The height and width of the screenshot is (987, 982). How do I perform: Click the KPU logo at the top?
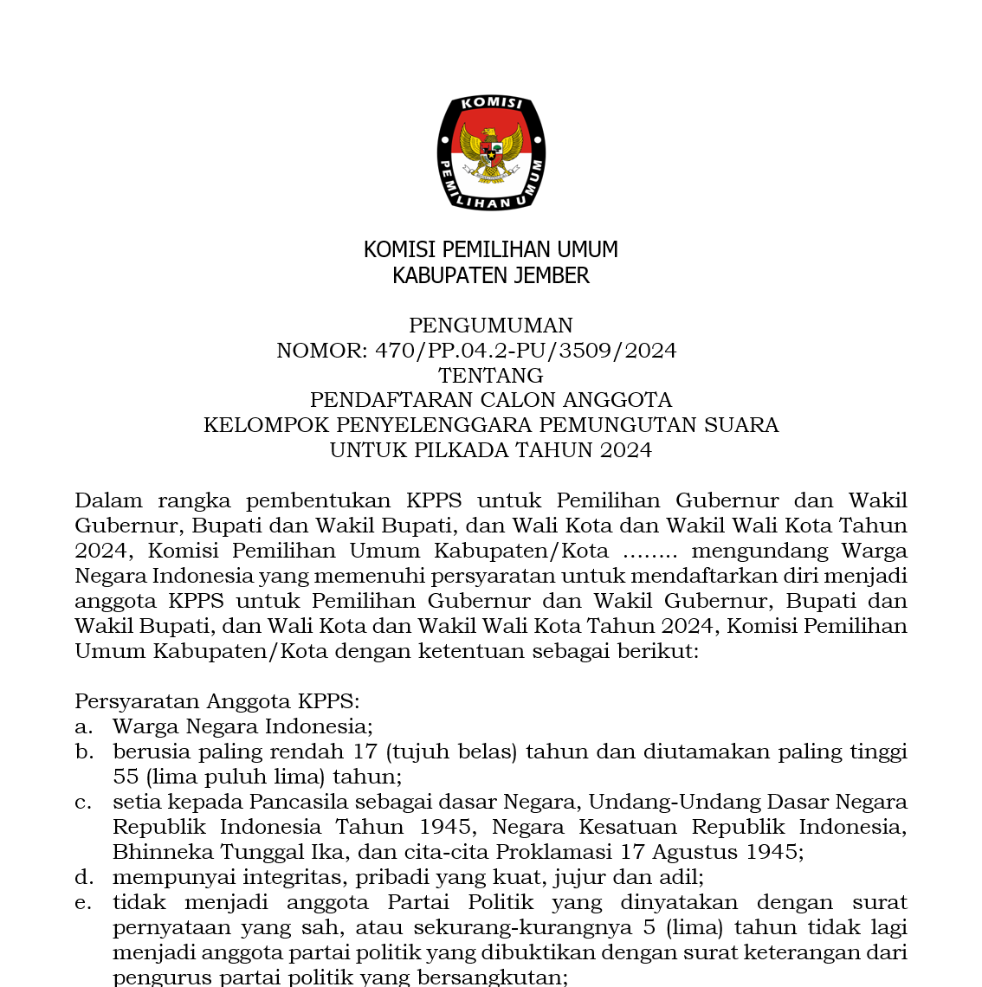[491, 153]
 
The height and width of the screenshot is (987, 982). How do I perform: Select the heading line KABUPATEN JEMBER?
[491, 275]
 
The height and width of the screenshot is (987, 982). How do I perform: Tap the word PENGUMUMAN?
[491, 326]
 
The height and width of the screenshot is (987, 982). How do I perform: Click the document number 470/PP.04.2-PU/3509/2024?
[526, 351]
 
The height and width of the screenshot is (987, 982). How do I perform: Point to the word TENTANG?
[491, 376]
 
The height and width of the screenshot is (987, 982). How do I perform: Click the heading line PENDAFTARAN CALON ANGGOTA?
[491, 400]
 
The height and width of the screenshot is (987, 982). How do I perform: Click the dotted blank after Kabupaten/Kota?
[650, 552]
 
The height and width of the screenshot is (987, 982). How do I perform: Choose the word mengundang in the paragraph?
[759, 551]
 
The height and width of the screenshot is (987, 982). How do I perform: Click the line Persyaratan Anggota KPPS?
[216, 701]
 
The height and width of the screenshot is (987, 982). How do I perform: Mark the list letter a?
[83, 726]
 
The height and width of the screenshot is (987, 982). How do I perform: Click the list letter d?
[83, 877]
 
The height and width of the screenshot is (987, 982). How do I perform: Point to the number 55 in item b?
[126, 777]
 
